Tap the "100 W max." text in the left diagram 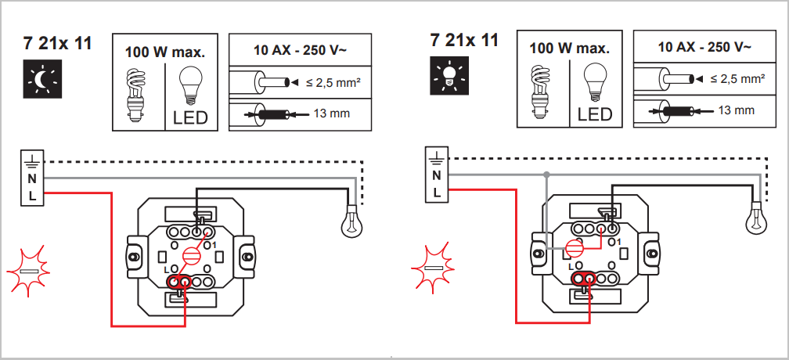pos(165,53)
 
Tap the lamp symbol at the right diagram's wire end pos(756,216)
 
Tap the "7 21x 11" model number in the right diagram pos(464,40)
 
